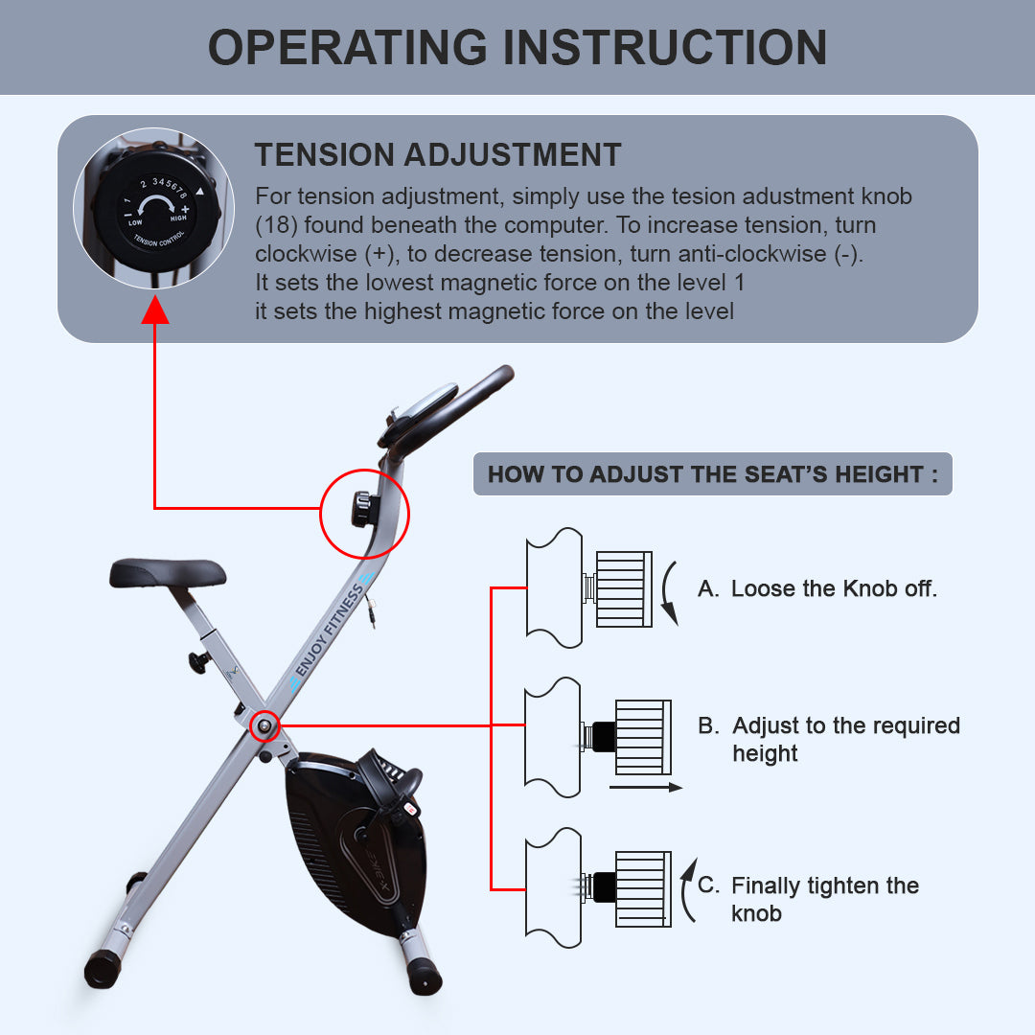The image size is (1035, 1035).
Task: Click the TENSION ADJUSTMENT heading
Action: (438, 155)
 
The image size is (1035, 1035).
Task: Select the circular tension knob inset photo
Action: (154, 209)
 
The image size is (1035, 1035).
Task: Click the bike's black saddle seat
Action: (168, 573)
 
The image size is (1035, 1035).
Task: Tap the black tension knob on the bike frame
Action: (362, 509)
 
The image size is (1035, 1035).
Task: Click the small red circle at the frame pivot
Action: (264, 726)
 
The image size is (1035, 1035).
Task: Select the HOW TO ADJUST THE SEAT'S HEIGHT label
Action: (712, 474)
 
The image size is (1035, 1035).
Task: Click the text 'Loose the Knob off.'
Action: (834, 588)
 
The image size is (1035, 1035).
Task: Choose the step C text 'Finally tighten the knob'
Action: (824, 899)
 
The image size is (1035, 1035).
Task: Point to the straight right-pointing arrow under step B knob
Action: (645, 787)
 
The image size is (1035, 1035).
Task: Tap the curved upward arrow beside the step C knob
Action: (686, 892)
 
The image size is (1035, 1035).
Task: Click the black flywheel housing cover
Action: (355, 843)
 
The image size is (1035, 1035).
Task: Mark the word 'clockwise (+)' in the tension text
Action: (310, 254)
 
